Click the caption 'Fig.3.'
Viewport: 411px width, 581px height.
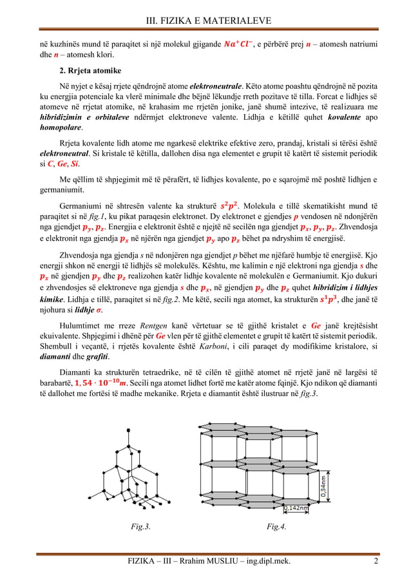141,526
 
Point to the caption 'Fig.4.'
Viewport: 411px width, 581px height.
277,526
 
